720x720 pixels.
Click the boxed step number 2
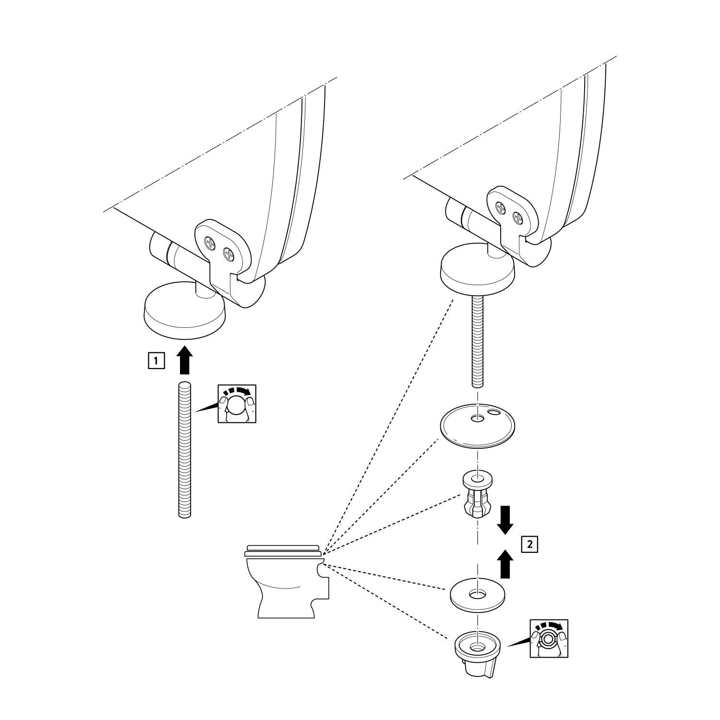point(529,544)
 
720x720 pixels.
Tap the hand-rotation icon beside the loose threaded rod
point(237,403)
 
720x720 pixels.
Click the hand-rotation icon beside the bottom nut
point(549,638)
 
